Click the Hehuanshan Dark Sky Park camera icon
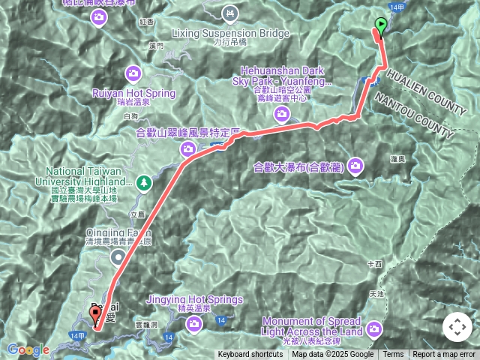[281, 113]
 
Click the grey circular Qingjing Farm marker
[118, 258]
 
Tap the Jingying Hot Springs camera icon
[194, 323]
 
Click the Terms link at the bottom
[393, 355]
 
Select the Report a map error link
[444, 355]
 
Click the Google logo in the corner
[28, 349]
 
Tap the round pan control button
[457, 328]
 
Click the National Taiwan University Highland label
[88, 176]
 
